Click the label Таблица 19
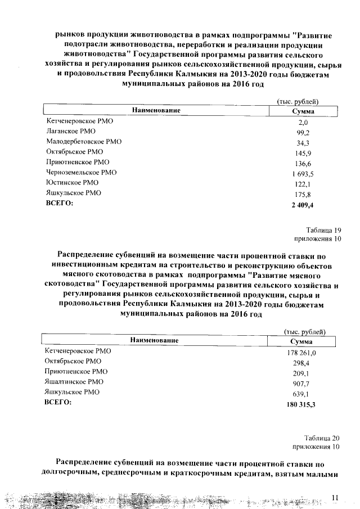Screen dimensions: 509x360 [x=324, y=229]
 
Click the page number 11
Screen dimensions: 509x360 [x=336, y=497]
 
